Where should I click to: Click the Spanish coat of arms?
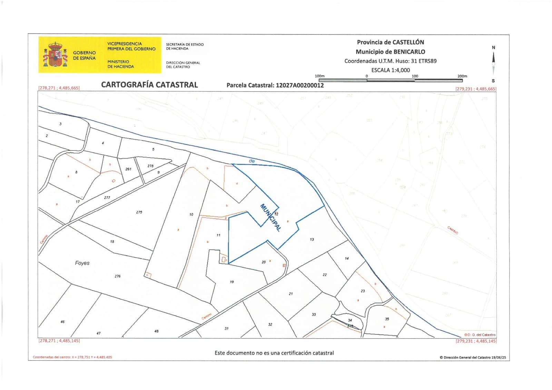(55, 54)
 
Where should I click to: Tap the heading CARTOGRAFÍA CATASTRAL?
(149, 85)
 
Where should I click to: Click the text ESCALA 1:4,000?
(391, 70)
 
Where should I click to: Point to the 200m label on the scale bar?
(462, 76)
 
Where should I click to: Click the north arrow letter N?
(493, 48)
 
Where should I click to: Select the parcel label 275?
(139, 212)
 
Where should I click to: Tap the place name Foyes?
(82, 263)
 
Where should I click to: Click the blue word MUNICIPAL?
(270, 217)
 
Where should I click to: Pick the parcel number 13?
(312, 239)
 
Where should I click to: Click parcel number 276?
(118, 276)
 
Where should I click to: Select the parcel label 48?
(156, 331)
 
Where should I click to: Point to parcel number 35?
(387, 319)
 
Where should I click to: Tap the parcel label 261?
(128, 169)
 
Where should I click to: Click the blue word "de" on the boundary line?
(252, 161)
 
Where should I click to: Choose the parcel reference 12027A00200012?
(300, 85)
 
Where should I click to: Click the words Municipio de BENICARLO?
(390, 52)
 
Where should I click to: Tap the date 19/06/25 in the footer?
(499, 358)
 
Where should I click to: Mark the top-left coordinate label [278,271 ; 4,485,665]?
(59, 88)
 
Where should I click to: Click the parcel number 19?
(232, 282)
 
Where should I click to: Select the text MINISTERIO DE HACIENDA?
(120, 64)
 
